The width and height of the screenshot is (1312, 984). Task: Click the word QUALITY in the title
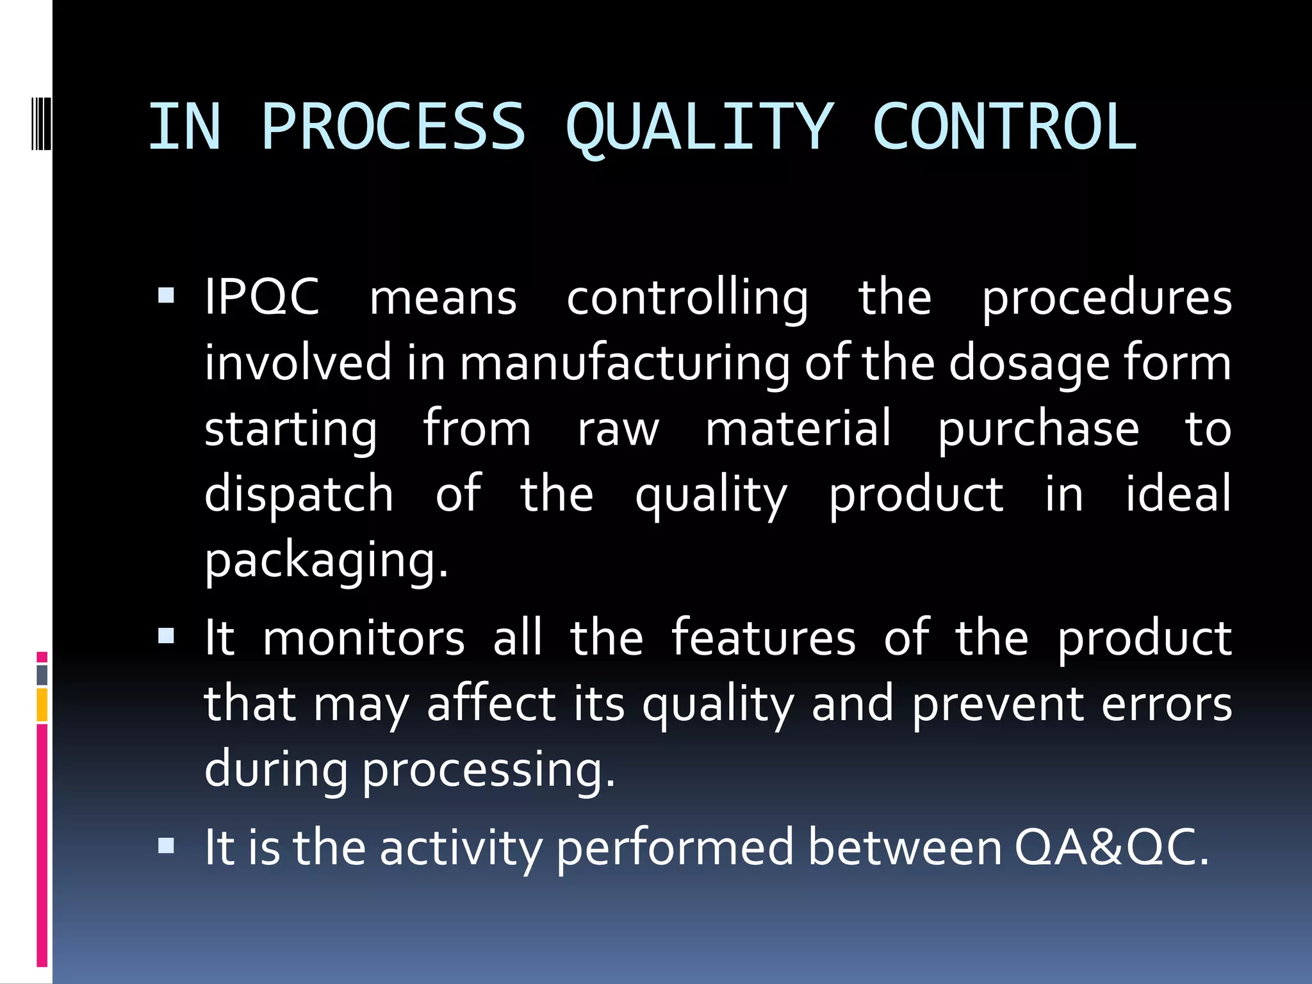pos(700,128)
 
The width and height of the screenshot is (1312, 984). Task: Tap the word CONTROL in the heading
pos(1004,128)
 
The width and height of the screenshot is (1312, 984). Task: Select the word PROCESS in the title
pos(393,128)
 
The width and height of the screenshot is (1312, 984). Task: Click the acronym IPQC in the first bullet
pos(261,298)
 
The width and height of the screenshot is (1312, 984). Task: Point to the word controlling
pos(687,300)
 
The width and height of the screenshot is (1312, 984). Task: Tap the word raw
pos(618,429)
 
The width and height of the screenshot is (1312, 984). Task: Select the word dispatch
pos(299,495)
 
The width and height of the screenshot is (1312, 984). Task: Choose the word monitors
pos(364,639)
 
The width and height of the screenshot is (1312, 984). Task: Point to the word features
pos(764,639)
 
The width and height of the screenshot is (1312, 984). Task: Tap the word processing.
pos(489,771)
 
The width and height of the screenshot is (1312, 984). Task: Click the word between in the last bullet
pos(905,848)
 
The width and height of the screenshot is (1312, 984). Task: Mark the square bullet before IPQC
pos(166,295)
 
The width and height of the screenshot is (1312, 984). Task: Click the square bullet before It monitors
pos(166,636)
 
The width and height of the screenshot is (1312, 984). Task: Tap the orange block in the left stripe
pos(42,705)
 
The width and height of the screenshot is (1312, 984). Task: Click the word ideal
pos(1179,495)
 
